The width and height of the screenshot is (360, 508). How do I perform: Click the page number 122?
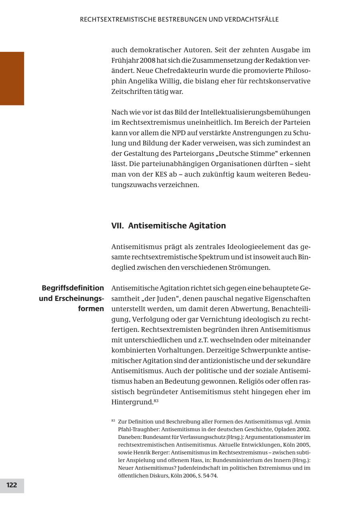pos(12,485)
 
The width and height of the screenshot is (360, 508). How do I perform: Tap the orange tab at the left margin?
pos(12,78)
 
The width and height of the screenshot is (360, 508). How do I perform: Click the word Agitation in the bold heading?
pos(206,226)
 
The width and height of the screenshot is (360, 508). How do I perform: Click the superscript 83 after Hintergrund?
pos(156,400)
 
